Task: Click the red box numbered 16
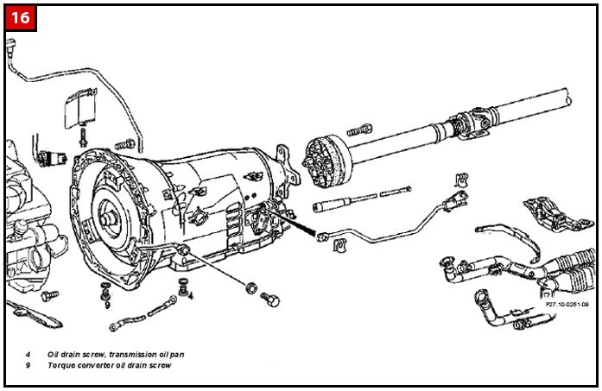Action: click(22, 18)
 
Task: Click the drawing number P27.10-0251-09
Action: click(567, 304)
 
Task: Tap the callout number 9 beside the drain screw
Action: click(106, 304)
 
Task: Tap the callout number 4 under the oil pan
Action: click(190, 295)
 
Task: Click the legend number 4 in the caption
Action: click(28, 354)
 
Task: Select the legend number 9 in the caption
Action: click(28, 365)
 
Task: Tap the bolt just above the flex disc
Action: click(358, 130)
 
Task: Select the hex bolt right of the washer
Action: click(269, 299)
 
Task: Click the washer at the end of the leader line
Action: click(250, 287)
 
